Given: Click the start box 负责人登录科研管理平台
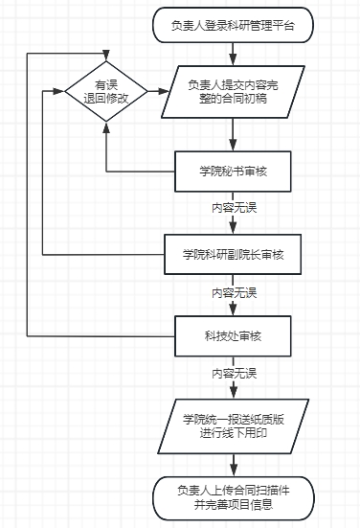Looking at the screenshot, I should coord(234,25).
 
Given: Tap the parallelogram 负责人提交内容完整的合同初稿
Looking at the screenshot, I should coord(234,92).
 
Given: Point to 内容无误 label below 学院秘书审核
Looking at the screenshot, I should coord(234,207).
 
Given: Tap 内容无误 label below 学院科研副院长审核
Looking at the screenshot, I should coord(234,289).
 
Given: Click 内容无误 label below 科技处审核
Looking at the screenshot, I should coord(234,371).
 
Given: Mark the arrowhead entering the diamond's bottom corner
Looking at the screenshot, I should coord(105,124).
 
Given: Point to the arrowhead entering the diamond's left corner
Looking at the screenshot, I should coord(60,92).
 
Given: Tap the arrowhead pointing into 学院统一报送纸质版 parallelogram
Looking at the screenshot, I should coord(234,393).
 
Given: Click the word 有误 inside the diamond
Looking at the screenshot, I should coord(105,84).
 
